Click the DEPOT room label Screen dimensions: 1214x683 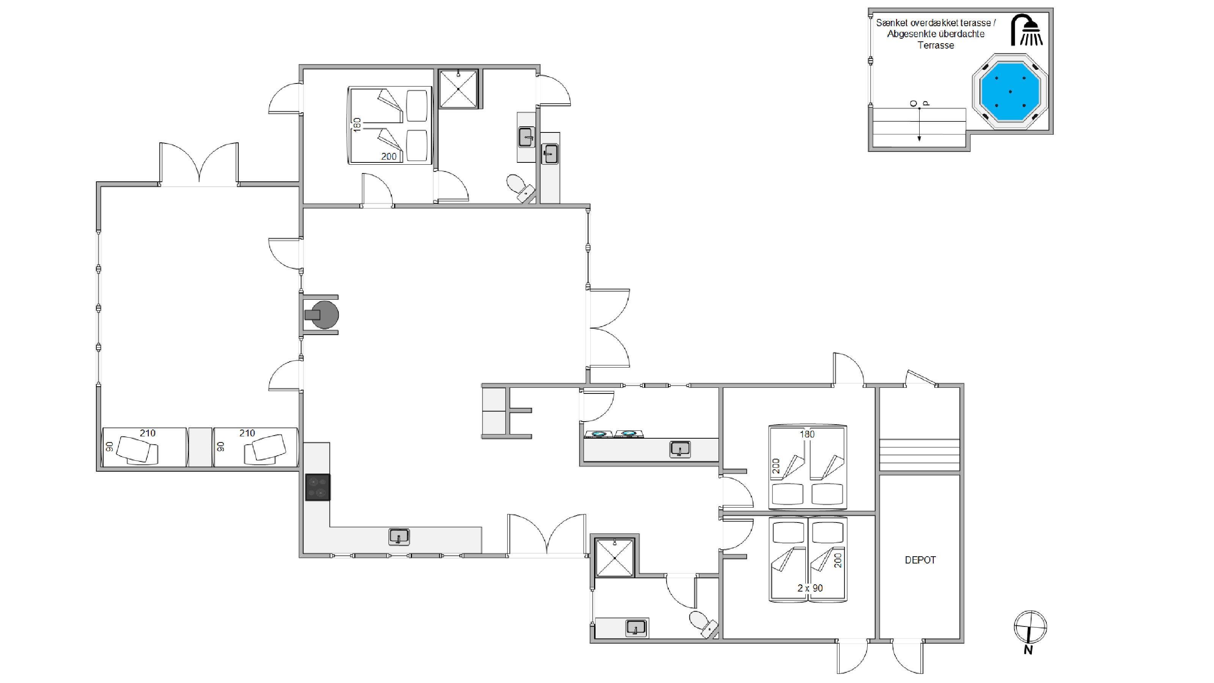[920, 560]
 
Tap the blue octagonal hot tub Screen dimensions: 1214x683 [1010, 91]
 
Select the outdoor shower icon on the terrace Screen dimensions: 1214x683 [1027, 30]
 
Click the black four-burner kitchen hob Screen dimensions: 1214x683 [318, 487]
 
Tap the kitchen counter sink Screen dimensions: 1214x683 [399, 537]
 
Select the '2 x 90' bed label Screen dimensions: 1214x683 [810, 588]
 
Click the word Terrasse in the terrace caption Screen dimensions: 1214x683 [936, 45]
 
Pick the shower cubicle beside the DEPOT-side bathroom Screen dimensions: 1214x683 [615, 558]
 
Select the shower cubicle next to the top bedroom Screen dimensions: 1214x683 [458, 89]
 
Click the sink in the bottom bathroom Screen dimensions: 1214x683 [636, 628]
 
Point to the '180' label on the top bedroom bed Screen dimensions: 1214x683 [357, 125]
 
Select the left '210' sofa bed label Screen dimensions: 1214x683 [148, 433]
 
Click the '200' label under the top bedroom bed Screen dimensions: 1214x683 [389, 156]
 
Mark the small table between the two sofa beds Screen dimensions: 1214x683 [200, 447]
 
